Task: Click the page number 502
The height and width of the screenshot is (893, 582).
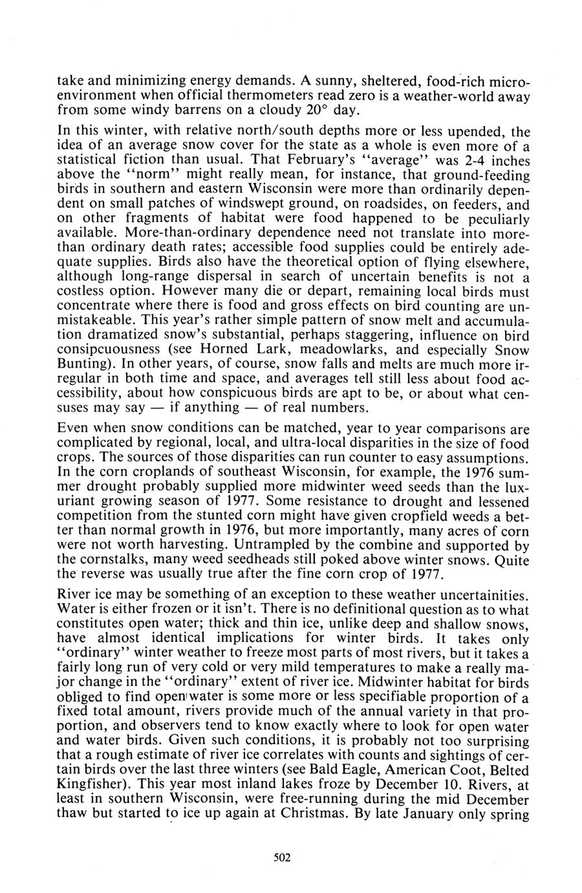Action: pos(282,857)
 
